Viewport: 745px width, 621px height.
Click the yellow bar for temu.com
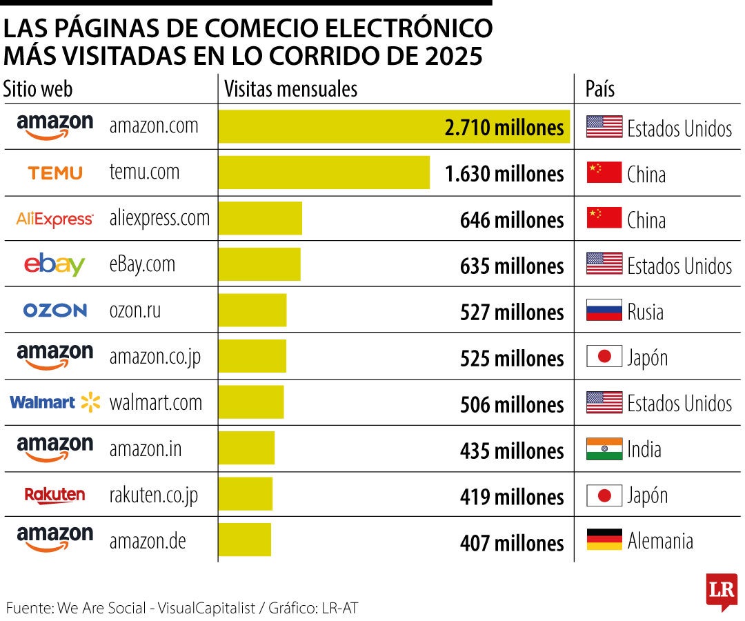pyautogui.click(x=324, y=172)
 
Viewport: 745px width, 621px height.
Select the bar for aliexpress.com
pyautogui.click(x=260, y=219)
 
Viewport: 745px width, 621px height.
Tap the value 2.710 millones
pyautogui.click(x=504, y=128)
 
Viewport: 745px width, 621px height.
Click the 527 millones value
pyautogui.click(x=512, y=312)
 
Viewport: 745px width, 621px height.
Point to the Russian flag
pyautogui.click(x=604, y=310)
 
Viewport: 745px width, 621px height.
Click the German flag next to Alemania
pyautogui.click(x=604, y=540)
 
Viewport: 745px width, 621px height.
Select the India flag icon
pyautogui.click(x=604, y=448)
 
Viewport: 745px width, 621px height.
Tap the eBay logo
pyautogui.click(x=54, y=265)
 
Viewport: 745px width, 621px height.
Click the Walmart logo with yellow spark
pyautogui.click(x=55, y=402)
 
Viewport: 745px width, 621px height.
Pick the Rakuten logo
pyautogui.click(x=54, y=495)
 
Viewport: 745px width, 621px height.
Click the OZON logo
pyautogui.click(x=55, y=310)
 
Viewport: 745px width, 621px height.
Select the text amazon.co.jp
pyautogui.click(x=155, y=357)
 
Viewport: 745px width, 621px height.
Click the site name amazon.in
pyautogui.click(x=146, y=448)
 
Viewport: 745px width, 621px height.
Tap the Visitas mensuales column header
pyautogui.click(x=291, y=89)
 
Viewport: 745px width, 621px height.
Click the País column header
pyautogui.click(x=599, y=89)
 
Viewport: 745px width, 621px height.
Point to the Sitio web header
pyautogui.click(x=38, y=89)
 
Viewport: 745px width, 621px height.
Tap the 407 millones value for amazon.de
pyautogui.click(x=512, y=543)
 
